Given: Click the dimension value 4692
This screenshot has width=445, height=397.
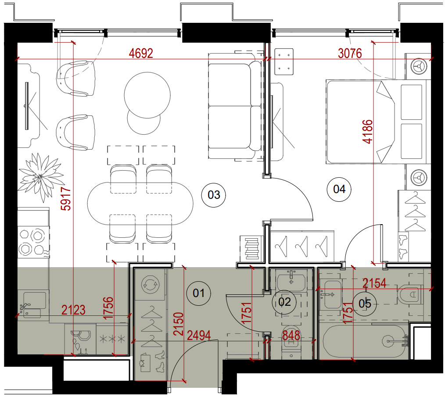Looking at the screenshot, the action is click(141, 53).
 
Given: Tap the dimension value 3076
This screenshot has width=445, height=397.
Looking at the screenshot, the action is click(350, 53).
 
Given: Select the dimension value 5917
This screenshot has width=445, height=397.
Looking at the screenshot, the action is click(66, 198).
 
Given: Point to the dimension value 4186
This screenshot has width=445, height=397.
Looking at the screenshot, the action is click(367, 132).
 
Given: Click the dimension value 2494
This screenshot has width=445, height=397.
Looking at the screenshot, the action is click(199, 336).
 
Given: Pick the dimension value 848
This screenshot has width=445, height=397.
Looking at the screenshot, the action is click(291, 336).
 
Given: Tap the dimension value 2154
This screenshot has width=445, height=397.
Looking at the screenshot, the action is click(374, 283).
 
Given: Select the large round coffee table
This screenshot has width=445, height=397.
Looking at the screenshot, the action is click(147, 95).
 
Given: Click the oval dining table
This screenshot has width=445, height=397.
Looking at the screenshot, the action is click(140, 204).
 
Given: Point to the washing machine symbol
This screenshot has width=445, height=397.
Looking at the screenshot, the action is click(150, 284).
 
